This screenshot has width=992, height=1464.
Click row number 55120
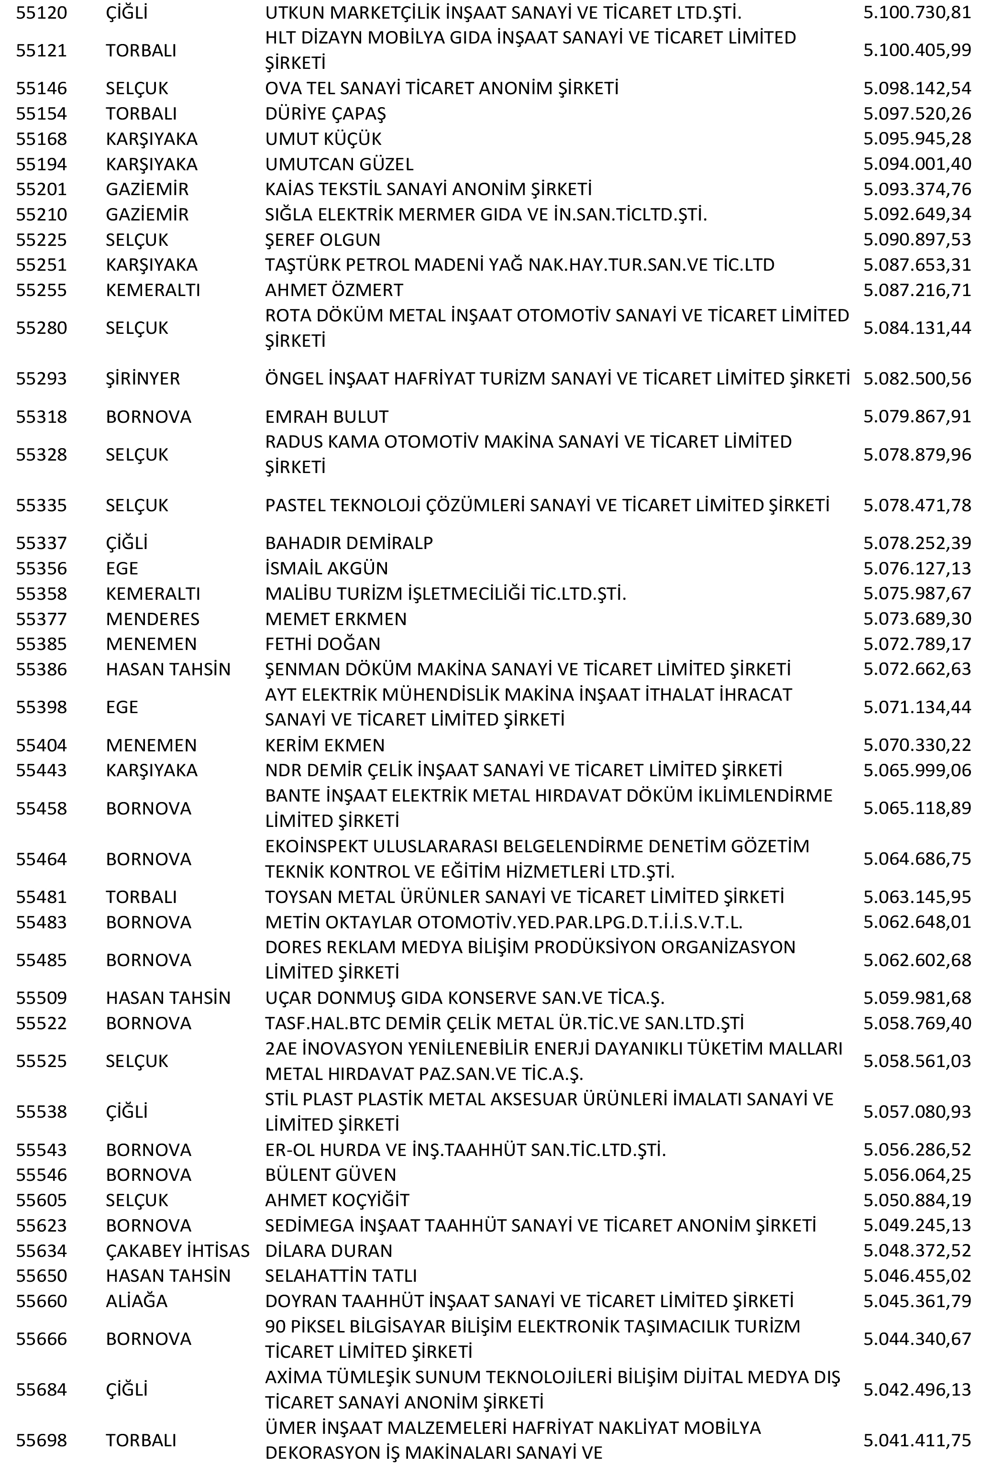pos(41,12)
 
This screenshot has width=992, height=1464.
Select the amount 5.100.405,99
pos(916,50)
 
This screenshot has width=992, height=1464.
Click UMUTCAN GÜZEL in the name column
pos(339,164)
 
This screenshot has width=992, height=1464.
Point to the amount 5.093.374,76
pos(916,189)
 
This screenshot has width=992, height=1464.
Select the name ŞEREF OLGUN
pos(322,240)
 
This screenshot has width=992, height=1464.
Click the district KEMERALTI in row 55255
pos(153,290)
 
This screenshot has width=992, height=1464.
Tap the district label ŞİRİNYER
pos(143,379)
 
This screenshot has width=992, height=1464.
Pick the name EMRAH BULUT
pos(326,417)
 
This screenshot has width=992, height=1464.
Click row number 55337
pos(41,543)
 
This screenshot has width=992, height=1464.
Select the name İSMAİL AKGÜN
pos(326,568)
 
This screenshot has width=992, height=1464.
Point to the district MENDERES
pos(153,618)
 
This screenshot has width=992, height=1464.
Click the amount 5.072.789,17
pos(916,644)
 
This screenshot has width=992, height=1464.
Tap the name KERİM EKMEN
pos(324,745)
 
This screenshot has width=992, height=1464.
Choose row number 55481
pos(41,896)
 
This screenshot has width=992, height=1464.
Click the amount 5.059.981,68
pos(916,998)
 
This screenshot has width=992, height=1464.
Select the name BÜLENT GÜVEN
pos(330,1175)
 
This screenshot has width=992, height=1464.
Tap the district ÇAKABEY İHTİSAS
pos(177,1250)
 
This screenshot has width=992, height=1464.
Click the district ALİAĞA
pos(136,1301)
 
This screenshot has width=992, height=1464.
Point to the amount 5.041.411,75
pos(916,1440)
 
